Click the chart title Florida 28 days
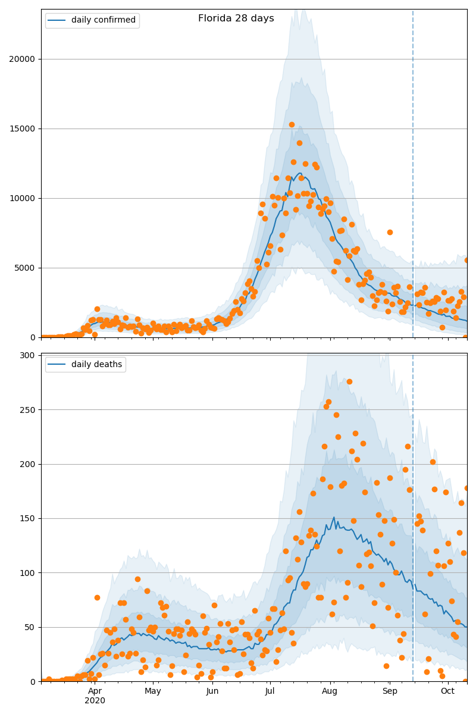[236, 18]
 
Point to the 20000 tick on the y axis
[23, 59]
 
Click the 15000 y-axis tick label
[23, 129]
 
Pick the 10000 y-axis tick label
[23, 198]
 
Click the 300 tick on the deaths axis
[28, 355]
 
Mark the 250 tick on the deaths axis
[28, 409]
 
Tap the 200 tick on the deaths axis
[28, 464]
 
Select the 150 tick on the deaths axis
[28, 518]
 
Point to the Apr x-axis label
[95, 691]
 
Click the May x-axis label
[153, 691]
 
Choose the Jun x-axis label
[212, 691]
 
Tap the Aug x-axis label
[330, 691]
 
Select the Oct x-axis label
[447, 691]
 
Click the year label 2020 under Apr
[95, 701]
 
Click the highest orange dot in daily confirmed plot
[292, 124]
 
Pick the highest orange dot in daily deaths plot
[349, 381]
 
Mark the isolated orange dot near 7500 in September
[390, 232]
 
